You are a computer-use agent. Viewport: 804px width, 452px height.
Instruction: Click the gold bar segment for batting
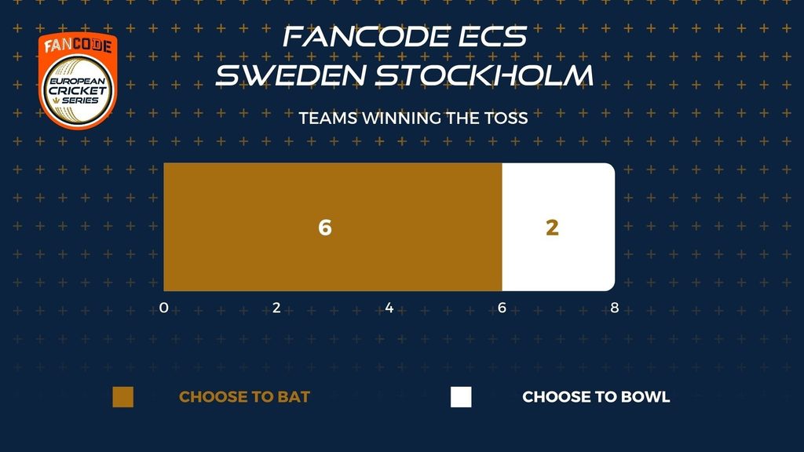coord(333,227)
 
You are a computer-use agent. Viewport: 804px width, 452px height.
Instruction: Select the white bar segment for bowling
coord(558,227)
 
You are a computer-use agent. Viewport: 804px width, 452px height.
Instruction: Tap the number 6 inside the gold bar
coord(325,228)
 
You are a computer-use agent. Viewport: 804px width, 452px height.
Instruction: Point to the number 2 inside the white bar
coord(552,228)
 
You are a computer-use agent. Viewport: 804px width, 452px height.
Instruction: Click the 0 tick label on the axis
coord(163,308)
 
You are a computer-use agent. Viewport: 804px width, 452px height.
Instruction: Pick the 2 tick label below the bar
coord(276,308)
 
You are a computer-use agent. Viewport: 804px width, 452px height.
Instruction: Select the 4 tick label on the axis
coord(389,308)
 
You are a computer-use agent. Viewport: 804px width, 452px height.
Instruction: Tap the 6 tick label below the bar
coord(502,308)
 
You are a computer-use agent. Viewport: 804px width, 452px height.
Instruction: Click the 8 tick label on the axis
coord(615,308)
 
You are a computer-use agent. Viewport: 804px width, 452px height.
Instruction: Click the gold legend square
coord(123,397)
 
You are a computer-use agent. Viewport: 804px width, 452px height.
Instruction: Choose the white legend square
coord(461,397)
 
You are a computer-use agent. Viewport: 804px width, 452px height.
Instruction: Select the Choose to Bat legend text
coord(245,397)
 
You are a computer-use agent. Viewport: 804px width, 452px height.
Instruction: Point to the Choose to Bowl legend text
coord(597,397)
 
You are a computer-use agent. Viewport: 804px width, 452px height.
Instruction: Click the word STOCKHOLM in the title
coord(484,75)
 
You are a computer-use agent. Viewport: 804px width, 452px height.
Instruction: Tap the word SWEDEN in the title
coord(291,75)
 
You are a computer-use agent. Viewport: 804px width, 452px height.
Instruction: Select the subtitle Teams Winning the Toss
coord(413,118)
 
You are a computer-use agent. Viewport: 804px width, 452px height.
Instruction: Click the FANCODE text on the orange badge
coord(78,46)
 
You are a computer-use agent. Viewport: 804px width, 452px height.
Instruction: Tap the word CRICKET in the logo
coord(78,91)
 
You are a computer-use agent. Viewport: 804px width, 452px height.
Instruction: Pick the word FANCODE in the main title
coord(366,37)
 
